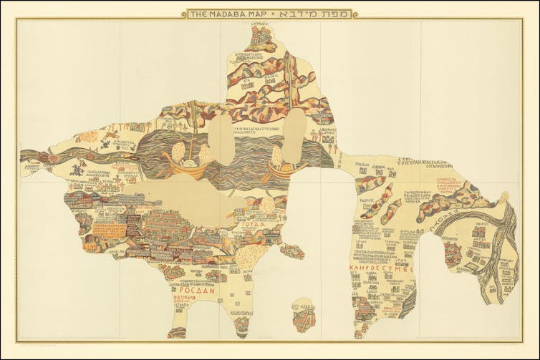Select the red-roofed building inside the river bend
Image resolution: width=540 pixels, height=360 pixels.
point(452,251)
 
